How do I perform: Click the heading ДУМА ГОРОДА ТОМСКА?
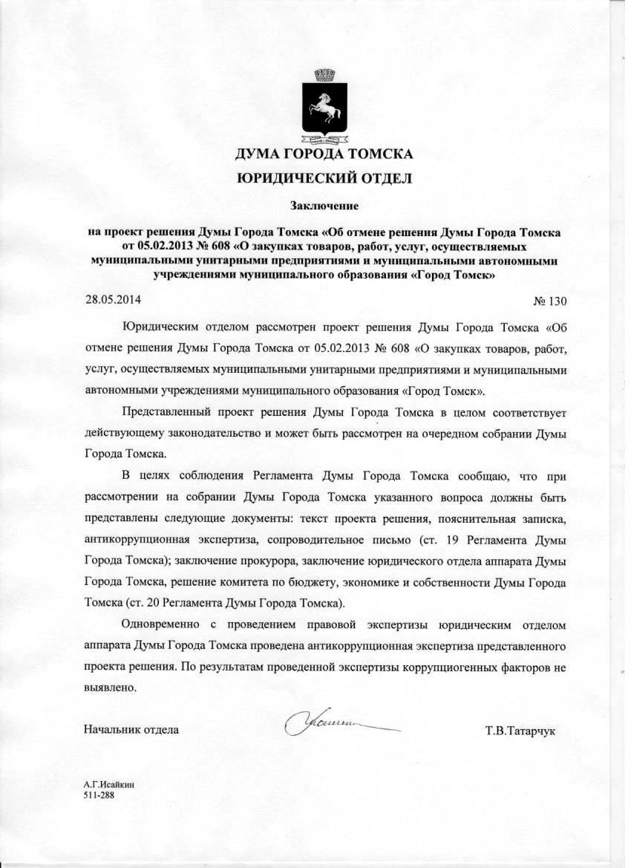(x=323, y=155)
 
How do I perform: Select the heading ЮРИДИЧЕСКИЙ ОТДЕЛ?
(x=323, y=178)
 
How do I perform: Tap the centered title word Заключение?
(x=323, y=203)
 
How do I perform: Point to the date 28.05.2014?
(x=112, y=300)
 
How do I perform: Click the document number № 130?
(x=549, y=301)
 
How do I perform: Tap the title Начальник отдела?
(x=132, y=729)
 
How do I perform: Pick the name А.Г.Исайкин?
(x=109, y=784)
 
